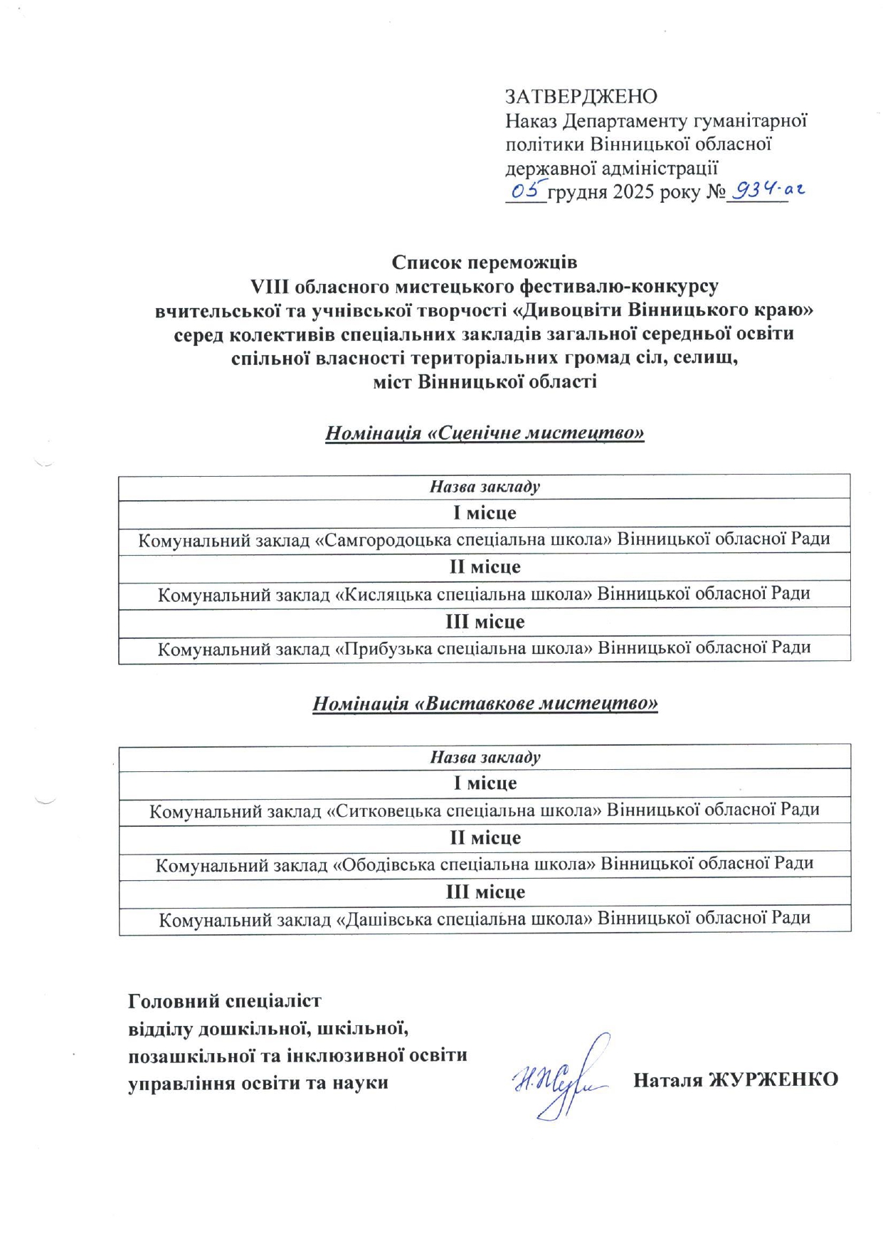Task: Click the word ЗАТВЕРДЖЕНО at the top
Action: [x=581, y=96]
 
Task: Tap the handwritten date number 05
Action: [x=527, y=190]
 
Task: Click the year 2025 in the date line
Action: [x=633, y=192]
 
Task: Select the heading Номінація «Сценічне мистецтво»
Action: [x=485, y=433]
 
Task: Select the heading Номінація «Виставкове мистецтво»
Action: [x=485, y=704]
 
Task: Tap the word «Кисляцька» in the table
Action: [x=382, y=594]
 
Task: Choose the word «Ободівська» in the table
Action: [x=381, y=864]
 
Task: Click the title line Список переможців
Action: [x=485, y=263]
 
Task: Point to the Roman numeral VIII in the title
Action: [x=270, y=287]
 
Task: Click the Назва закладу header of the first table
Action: [x=485, y=487]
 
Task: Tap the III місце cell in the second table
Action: [x=485, y=892]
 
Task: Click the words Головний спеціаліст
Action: [x=225, y=1001]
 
